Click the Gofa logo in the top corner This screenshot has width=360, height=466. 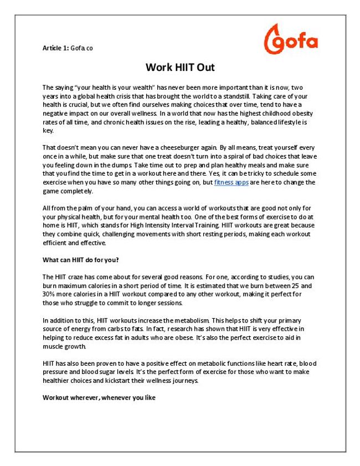click(x=290, y=39)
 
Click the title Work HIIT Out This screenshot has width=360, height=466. click(x=180, y=68)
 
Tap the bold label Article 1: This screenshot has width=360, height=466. click(x=55, y=48)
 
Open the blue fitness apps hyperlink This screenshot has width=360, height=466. click(x=231, y=182)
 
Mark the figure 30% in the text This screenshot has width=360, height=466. click(x=50, y=294)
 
